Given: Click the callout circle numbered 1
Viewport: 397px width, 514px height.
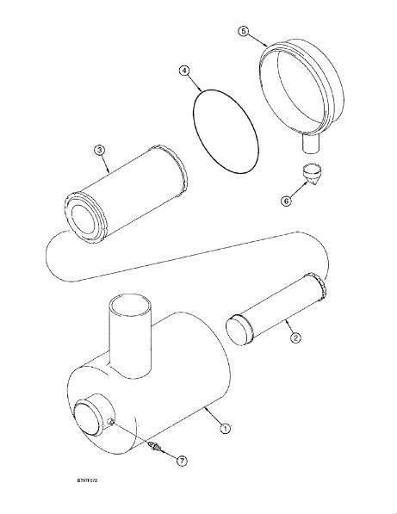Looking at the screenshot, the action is click(226, 429).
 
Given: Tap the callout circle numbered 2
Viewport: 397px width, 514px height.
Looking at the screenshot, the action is click(295, 338).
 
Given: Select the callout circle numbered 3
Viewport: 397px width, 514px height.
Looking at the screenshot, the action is click(99, 151).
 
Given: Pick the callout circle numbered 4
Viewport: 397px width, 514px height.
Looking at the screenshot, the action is click(184, 71).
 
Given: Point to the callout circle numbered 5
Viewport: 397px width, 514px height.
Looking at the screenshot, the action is click(243, 32).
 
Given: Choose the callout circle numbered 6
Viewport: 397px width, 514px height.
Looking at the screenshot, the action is click(286, 201).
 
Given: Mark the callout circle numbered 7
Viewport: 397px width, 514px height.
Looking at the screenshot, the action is click(182, 461).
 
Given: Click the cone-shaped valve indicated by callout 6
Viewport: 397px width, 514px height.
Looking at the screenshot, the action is click(312, 175).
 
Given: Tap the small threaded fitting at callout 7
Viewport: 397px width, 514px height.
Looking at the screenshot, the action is click(154, 447).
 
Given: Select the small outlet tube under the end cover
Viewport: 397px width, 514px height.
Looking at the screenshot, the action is click(311, 143).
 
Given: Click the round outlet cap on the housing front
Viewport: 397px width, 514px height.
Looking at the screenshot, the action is click(88, 419).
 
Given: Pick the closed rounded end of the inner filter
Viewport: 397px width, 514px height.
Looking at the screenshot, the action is click(239, 330).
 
